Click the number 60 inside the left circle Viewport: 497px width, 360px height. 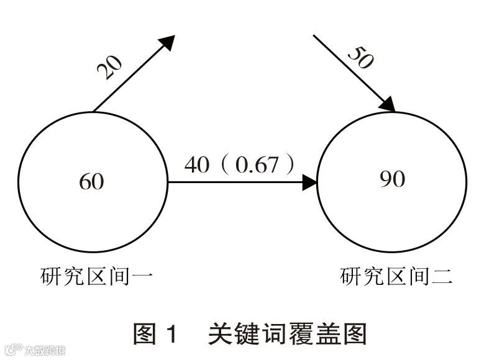click(x=91, y=182)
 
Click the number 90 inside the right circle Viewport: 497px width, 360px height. click(x=391, y=179)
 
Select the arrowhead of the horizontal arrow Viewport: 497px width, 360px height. click(x=309, y=182)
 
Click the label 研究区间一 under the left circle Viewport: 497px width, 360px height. click(x=96, y=276)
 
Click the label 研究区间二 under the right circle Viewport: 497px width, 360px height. click(x=396, y=276)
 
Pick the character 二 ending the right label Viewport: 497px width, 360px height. click(x=441, y=276)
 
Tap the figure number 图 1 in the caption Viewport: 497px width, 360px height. click(x=155, y=333)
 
